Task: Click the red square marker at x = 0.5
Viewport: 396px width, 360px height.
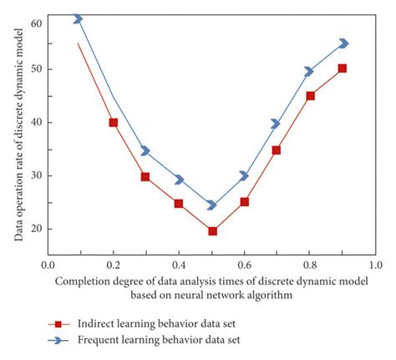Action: pyautogui.click(x=212, y=231)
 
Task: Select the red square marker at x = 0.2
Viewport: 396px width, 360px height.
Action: pyautogui.click(x=113, y=123)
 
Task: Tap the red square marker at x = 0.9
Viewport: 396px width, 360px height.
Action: pyautogui.click(x=342, y=68)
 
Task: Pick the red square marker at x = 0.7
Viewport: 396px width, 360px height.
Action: pyautogui.click(x=277, y=150)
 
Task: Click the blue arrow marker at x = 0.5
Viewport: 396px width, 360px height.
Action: pyautogui.click(x=211, y=205)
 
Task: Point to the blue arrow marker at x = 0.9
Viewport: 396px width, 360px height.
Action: pyautogui.click(x=343, y=43)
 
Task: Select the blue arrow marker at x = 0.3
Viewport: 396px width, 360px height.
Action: pyautogui.click(x=145, y=151)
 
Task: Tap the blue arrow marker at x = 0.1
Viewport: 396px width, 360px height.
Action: pyautogui.click(x=79, y=18)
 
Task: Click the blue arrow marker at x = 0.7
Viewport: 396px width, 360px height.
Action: pyautogui.click(x=276, y=124)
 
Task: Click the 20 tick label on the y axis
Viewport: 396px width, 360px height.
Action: pyautogui.click(x=34, y=229)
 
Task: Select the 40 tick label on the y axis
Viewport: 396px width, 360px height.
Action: pyautogui.click(x=34, y=122)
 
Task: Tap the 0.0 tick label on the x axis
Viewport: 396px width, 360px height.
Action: pyautogui.click(x=47, y=264)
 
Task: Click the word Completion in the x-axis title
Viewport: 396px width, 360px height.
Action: pyautogui.click(x=85, y=281)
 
